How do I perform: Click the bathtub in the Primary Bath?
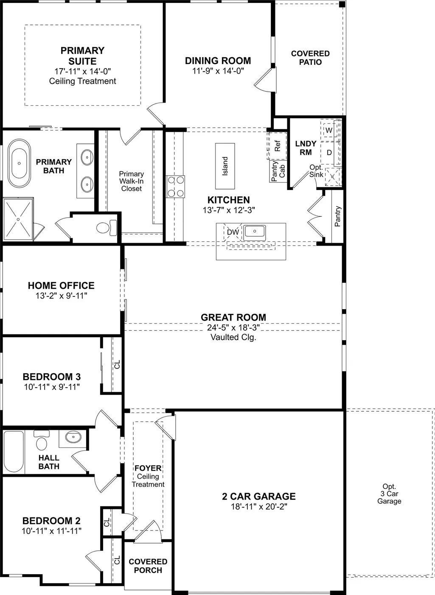[19, 163]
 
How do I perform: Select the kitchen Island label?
[225, 166]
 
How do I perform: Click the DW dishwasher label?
[233, 232]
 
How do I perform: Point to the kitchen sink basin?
[255, 231]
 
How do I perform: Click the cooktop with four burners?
[176, 187]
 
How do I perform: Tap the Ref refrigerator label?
[277, 146]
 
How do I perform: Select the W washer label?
[328, 131]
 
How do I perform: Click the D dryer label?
[329, 153]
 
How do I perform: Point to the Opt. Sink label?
[316, 171]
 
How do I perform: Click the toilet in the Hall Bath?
[42, 440]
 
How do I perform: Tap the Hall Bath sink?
[73, 437]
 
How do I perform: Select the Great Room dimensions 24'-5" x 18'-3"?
[233, 327]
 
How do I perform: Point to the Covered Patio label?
[310, 58]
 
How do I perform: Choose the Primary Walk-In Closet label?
[132, 181]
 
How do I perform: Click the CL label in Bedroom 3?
[117, 364]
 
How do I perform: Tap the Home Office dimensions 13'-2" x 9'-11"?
[62, 296]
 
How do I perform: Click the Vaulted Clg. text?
[233, 337]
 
